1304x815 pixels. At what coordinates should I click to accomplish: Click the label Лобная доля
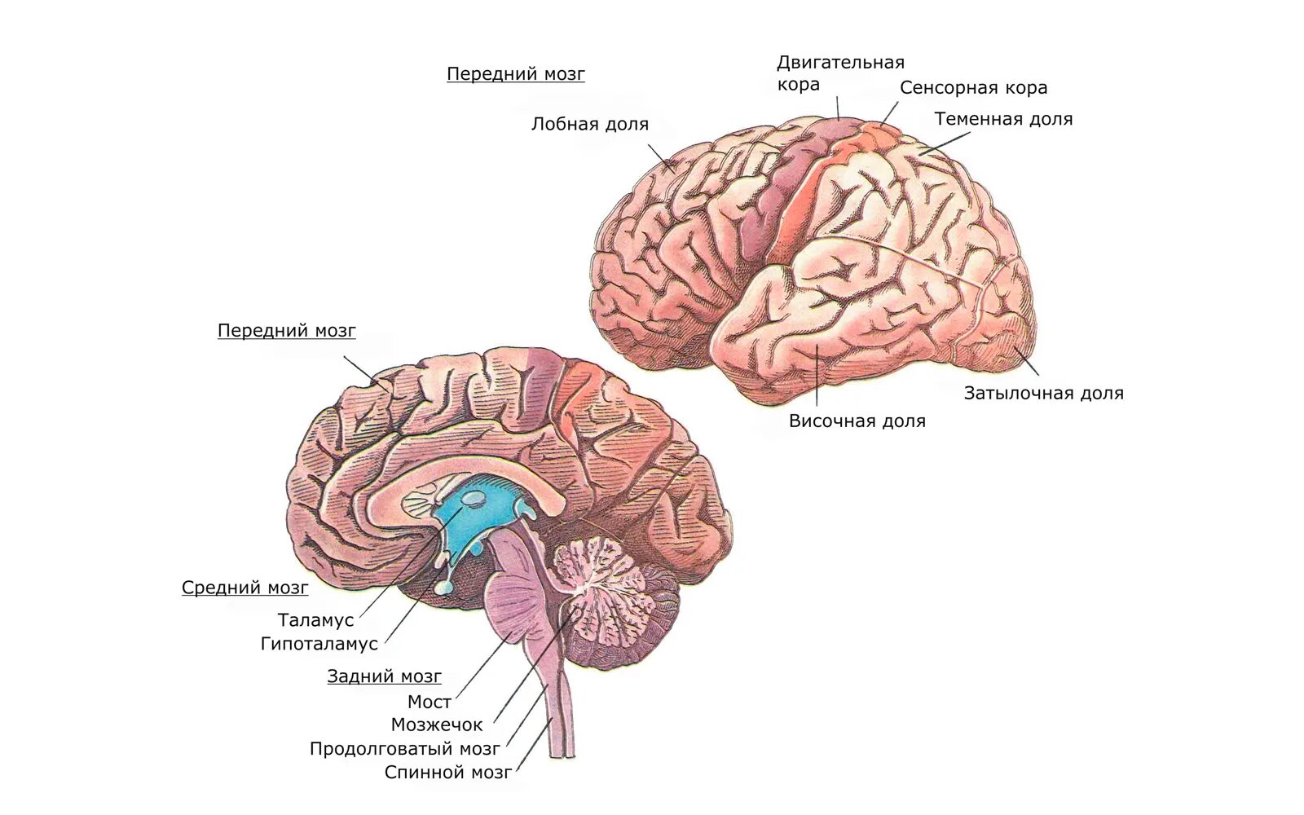[x=589, y=125]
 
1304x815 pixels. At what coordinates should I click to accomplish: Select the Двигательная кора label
[x=839, y=73]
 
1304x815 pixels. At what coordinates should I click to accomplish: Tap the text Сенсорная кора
[x=973, y=88]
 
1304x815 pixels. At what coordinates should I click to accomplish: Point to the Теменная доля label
[x=1003, y=119]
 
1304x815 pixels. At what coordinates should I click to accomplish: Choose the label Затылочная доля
[x=1043, y=394]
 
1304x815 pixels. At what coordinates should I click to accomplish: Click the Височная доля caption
[x=857, y=421]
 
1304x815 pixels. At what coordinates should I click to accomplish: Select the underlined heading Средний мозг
[x=244, y=588]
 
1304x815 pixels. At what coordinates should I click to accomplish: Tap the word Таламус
[x=315, y=620]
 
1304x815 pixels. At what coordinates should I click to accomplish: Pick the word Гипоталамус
[x=319, y=644]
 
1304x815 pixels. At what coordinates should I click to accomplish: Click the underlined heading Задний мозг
[x=384, y=676]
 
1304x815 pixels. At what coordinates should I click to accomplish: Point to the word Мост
[x=429, y=702]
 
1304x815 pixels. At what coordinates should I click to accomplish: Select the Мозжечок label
[x=436, y=725]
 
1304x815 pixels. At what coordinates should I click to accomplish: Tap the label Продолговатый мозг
[x=404, y=749]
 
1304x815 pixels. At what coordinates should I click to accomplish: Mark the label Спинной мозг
[x=448, y=773]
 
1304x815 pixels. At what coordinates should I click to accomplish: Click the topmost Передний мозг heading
[x=515, y=74]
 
